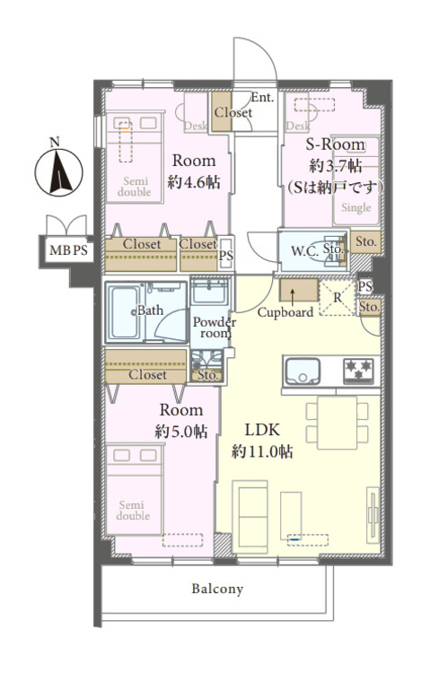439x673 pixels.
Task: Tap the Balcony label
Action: point(217,589)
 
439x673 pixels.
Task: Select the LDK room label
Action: point(262,430)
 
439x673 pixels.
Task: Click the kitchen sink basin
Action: point(303,371)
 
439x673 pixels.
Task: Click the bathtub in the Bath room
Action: point(125,311)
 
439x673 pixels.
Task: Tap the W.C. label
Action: point(304,251)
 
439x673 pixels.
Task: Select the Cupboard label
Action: point(285,312)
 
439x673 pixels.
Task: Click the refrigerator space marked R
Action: point(338,297)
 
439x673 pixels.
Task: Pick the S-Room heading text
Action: point(336,144)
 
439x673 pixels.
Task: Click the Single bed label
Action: point(356,208)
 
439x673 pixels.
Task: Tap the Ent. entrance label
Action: point(262,98)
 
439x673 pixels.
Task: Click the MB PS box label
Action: point(68,249)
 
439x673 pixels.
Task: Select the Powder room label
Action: point(214,328)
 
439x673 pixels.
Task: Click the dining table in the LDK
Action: point(338,423)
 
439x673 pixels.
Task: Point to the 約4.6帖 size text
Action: point(194,182)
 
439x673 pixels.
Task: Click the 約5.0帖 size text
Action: point(180,432)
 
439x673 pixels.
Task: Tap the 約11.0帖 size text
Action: point(262,451)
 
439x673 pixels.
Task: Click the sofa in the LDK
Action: point(250,513)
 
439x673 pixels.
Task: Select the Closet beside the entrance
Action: point(220,112)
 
